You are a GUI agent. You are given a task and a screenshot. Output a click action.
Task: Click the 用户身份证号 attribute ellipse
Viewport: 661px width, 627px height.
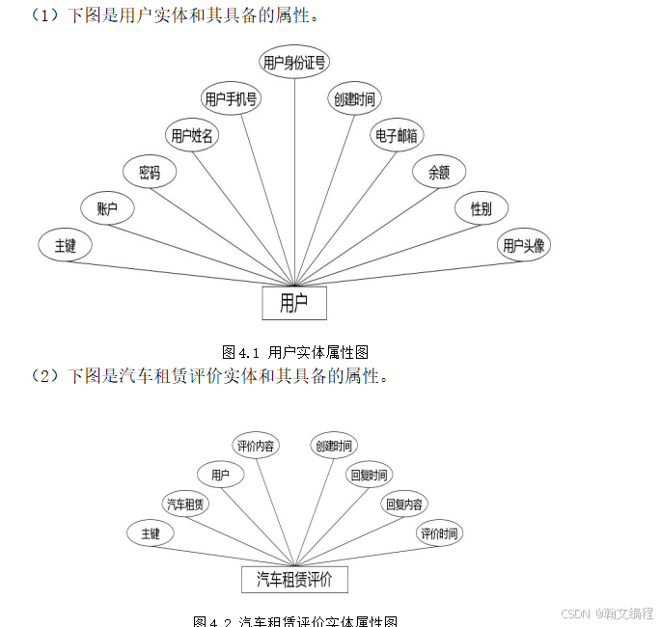(294, 63)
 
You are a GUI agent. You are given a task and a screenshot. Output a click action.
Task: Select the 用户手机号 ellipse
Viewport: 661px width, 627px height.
(231, 98)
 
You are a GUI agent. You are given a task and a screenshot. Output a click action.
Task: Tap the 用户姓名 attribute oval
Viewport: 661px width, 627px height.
(192, 136)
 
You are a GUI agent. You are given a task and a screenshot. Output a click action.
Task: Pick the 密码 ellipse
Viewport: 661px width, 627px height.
(150, 173)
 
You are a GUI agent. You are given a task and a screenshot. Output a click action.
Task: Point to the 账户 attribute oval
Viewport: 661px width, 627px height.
(107, 208)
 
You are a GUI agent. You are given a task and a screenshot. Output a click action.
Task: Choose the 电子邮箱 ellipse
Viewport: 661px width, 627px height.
(397, 135)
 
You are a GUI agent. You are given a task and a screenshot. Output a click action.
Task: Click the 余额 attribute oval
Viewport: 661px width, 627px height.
(439, 173)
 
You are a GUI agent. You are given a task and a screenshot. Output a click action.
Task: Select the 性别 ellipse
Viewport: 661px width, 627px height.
(481, 208)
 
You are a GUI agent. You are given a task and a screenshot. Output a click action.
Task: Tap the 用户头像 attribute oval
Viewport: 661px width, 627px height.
(524, 245)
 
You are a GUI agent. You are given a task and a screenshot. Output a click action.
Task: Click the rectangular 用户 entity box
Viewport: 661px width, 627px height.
(294, 303)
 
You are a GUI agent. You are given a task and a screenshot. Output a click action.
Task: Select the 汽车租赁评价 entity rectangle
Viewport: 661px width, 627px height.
(294, 579)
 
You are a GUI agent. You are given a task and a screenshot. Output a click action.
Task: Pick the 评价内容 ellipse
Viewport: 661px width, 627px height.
(256, 446)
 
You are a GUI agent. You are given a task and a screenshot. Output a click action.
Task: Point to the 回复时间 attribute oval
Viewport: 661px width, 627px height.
(369, 475)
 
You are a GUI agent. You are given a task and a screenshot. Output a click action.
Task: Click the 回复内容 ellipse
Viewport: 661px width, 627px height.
(404, 504)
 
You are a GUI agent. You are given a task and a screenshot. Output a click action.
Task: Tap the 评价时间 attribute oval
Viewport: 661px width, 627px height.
(438, 533)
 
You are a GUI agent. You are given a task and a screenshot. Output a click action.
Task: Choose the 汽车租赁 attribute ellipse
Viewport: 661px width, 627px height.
(186, 504)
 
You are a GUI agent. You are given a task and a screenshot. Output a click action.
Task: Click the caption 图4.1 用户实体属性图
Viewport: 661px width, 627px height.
(295, 352)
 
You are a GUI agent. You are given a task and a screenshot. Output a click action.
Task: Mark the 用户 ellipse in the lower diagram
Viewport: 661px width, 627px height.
(221, 475)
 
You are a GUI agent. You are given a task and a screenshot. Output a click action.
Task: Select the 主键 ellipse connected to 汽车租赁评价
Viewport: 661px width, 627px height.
(151, 533)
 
